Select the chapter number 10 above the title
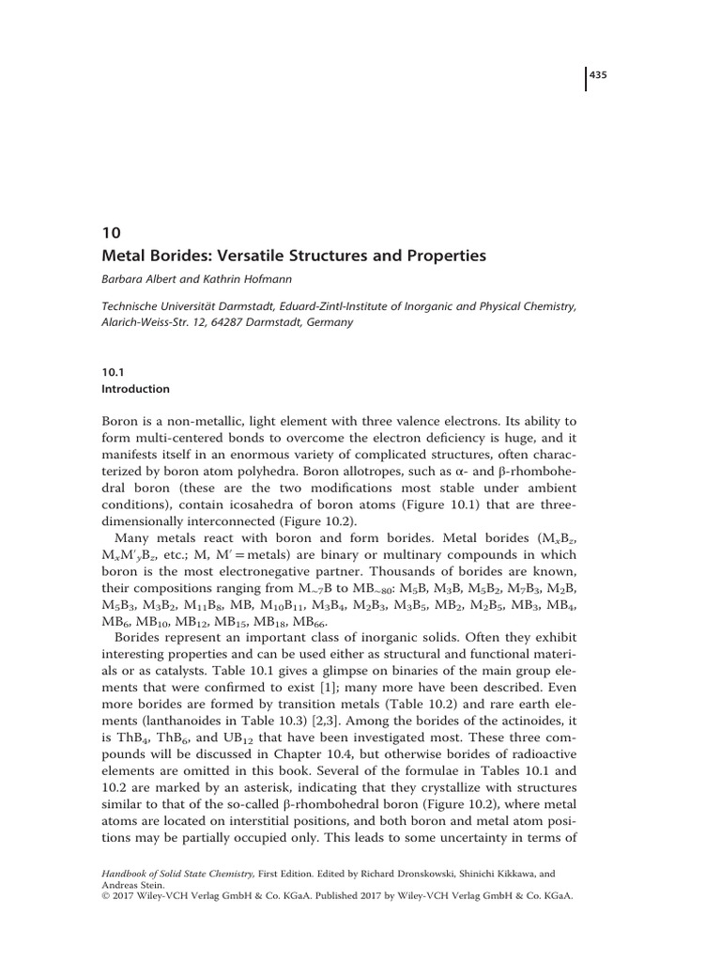tap(109, 234)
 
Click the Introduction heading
tap(135, 389)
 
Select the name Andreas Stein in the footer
tap(133, 883)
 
